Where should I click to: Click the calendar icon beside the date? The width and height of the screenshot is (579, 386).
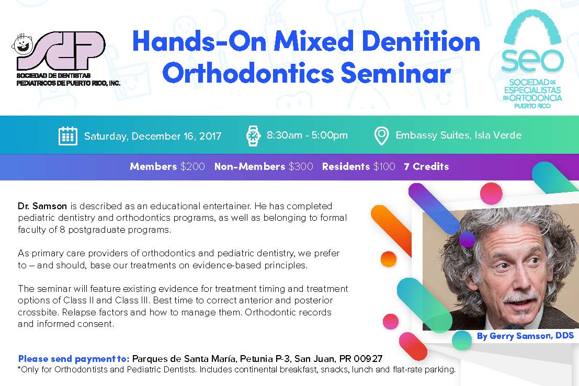(x=68, y=135)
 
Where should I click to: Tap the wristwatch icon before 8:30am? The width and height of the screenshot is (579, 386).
(x=253, y=135)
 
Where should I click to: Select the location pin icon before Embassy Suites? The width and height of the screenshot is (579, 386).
(x=381, y=135)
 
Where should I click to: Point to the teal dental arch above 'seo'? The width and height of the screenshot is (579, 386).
(x=532, y=28)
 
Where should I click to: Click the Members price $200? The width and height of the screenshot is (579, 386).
(x=192, y=167)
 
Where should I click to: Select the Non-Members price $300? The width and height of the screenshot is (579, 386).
(x=301, y=167)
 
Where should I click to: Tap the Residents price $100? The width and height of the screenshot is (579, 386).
(x=384, y=167)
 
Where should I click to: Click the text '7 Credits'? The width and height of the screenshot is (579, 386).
(x=426, y=167)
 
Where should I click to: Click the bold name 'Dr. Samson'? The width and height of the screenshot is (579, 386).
(x=42, y=206)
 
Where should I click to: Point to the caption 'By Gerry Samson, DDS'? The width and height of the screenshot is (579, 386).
(x=525, y=336)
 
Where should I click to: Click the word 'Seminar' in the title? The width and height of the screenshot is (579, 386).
(x=395, y=73)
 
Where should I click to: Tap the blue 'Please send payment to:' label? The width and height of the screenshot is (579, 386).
(x=74, y=359)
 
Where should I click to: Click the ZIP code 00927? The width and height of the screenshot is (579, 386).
(x=368, y=359)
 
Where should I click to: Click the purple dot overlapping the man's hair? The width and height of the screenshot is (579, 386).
(x=467, y=239)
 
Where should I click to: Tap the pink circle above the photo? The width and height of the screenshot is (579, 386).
(x=491, y=193)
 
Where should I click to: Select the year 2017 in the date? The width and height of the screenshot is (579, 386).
(x=210, y=137)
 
